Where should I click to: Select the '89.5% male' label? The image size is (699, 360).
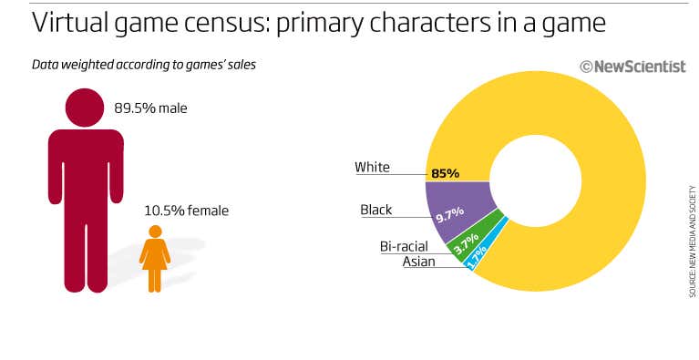coord(150,108)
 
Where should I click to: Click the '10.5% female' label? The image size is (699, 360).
coord(186,211)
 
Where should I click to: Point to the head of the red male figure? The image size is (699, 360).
coord(86,108)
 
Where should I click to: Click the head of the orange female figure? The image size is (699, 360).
coord(155,231)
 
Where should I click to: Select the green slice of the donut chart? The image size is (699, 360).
coord(484,231)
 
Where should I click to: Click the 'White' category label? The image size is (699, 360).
coord(372,168)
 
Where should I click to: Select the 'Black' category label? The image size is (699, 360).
coord(375,210)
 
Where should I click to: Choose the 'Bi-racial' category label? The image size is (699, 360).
coord(405,246)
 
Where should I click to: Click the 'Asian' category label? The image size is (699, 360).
coord(418,262)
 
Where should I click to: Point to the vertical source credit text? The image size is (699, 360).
coord(692,242)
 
